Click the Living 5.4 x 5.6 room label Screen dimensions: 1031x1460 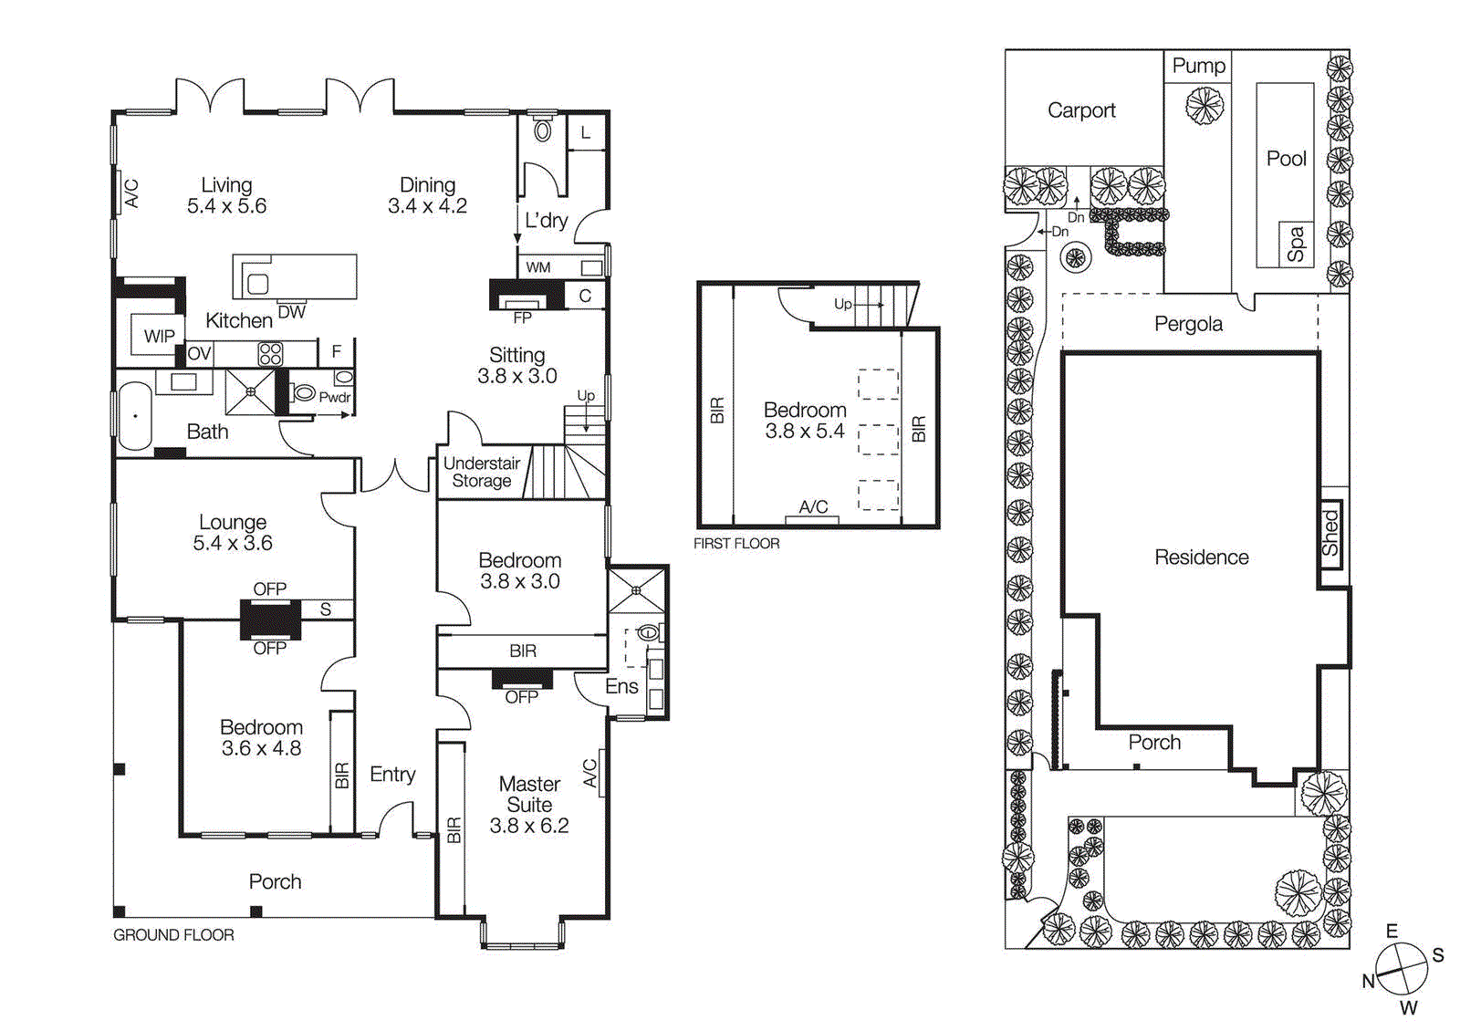(x=226, y=196)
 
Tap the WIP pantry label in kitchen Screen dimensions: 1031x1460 (x=159, y=336)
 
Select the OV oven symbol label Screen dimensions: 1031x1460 (x=199, y=353)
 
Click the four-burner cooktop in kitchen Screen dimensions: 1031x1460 (x=270, y=353)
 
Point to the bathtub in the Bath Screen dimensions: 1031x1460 (x=135, y=416)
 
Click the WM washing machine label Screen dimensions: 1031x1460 (x=538, y=267)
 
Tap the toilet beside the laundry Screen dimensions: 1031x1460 (x=543, y=130)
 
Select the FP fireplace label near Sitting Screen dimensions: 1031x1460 (x=522, y=318)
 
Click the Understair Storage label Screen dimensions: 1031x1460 (x=482, y=472)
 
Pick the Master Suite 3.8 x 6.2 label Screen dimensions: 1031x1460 (x=529, y=805)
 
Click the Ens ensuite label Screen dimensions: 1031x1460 (x=621, y=686)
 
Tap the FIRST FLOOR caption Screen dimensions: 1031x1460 (x=736, y=544)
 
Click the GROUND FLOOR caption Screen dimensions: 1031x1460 (x=173, y=935)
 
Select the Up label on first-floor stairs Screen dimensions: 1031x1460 (x=843, y=304)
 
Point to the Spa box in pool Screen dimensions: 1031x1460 (x=1296, y=245)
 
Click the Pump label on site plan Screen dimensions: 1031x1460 (x=1198, y=66)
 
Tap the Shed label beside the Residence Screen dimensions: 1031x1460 (x=1330, y=534)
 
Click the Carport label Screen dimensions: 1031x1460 (x=1081, y=110)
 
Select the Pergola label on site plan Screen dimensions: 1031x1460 (x=1188, y=324)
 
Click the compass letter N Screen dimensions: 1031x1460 (x=1368, y=981)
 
